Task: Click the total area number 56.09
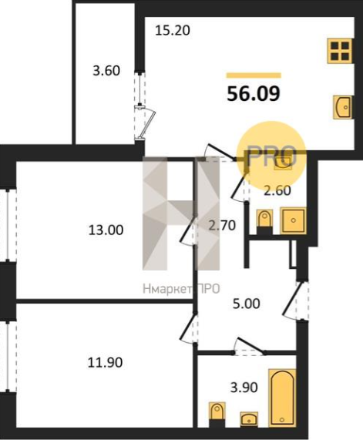pos(254,93)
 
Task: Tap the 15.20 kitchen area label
pos(173,30)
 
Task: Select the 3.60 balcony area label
pos(106,70)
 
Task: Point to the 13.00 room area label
pos(106,230)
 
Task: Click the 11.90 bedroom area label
pos(105,362)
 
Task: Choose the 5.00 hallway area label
pos(247,304)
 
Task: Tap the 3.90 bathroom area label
pos(244,388)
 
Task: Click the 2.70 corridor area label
pos(222,225)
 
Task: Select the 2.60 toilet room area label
pos(277,191)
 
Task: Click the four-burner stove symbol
pos(340,51)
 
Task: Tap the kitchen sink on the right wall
pos(342,107)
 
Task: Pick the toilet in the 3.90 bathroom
pos(217,418)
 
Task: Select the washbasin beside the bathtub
pos(249,424)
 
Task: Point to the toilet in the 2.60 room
pos(264,222)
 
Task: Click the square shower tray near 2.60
pos(293,220)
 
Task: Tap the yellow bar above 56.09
pos(254,76)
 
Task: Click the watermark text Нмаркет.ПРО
pos(181,289)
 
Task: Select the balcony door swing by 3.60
pos(147,123)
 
